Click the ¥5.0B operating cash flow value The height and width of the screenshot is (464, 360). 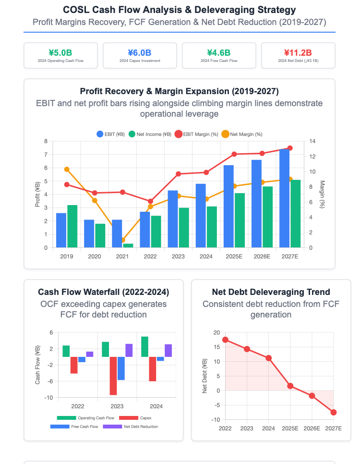tap(60, 52)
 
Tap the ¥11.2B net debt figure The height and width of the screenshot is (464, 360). tap(298, 52)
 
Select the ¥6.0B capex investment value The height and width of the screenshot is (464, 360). tap(139, 52)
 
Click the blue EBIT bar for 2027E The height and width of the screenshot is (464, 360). tap(284, 198)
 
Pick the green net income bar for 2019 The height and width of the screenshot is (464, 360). tap(72, 226)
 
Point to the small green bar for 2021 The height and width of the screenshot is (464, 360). tap(128, 245)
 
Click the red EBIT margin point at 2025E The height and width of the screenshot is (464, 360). tap(234, 154)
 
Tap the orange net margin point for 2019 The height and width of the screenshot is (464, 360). tap(67, 169)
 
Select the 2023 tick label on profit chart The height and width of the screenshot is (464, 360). tap(178, 256)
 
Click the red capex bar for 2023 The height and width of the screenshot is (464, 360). tap(113, 376)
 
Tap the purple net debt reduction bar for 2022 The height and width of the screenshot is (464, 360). tap(90, 354)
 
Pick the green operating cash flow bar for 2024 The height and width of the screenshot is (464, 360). tap(144, 347)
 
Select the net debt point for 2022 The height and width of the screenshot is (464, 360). tap(225, 340)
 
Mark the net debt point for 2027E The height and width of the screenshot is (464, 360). tap(334, 412)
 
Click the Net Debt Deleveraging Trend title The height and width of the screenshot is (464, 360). tap(271, 292)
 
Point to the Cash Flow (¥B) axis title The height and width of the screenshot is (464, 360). tap(38, 365)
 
